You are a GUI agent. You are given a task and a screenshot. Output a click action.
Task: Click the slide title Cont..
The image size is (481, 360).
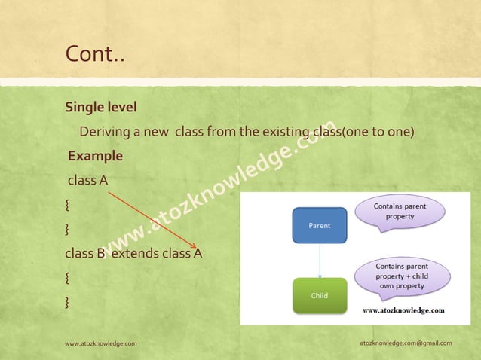94,54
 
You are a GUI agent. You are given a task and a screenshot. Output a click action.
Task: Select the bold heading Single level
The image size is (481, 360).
100,107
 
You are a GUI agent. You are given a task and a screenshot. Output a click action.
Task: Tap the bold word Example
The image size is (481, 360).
95,157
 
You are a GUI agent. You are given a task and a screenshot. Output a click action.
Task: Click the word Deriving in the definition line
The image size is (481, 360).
105,132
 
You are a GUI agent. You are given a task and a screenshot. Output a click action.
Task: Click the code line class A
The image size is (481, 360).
88,181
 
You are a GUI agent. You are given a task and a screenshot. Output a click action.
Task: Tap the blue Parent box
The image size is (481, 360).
319,225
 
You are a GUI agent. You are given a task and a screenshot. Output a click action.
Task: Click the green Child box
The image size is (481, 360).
319,295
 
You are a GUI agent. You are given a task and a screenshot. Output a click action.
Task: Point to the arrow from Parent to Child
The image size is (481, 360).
320,260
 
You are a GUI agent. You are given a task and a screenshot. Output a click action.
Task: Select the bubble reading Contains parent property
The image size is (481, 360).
400,212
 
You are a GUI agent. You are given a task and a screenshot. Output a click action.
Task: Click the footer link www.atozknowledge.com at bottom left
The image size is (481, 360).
101,343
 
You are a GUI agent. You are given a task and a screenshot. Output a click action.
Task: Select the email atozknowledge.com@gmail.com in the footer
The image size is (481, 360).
406,343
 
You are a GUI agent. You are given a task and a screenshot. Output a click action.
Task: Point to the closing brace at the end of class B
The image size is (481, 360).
68,302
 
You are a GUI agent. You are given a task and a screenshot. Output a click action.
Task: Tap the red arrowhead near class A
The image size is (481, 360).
195,246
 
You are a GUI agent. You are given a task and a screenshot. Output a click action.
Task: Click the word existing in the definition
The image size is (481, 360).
286,132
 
